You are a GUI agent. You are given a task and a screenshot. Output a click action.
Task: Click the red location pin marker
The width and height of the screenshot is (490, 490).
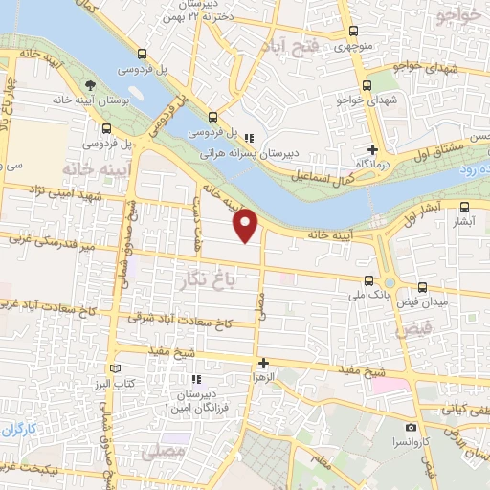coord(248,225)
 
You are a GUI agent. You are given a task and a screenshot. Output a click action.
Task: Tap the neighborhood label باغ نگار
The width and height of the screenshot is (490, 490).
coord(207,278)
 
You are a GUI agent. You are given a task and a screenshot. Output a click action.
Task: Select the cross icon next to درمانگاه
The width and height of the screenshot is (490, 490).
coord(374,149)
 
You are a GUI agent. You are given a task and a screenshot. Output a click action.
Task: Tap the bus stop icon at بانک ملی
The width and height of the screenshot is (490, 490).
coord(369,281)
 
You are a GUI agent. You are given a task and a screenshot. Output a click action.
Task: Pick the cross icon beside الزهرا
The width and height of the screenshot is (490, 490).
coord(263,363)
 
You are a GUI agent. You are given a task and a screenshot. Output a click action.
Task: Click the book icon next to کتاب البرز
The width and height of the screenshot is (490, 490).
coord(117,368)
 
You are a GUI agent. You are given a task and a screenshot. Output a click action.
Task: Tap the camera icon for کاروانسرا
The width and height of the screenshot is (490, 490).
coord(411,427)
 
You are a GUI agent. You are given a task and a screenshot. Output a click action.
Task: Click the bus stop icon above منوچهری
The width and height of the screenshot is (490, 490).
coord(354,30)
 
